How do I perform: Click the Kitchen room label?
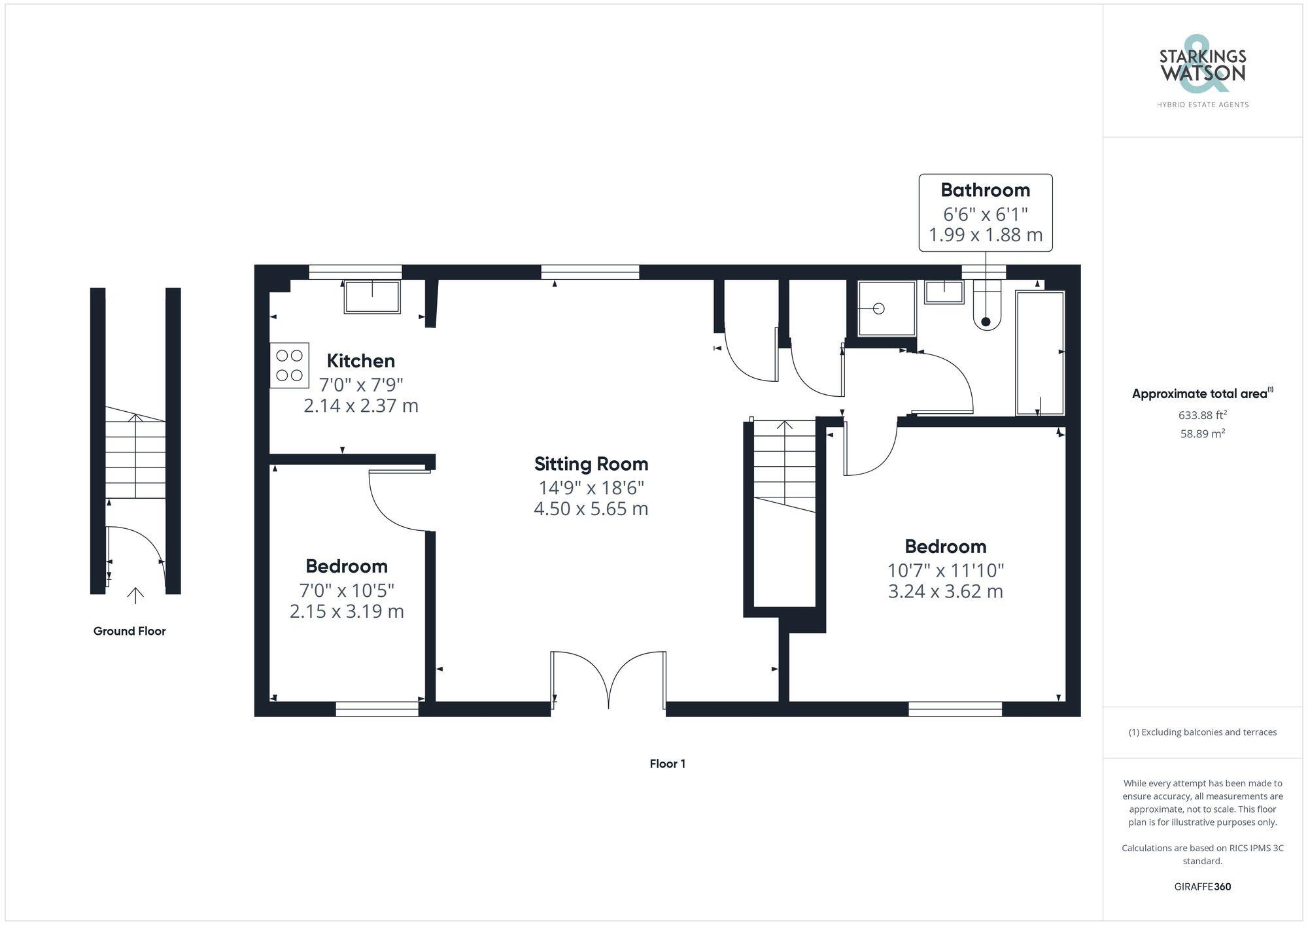(x=360, y=361)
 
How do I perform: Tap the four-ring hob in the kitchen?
(x=289, y=365)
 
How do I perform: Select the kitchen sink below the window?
(x=372, y=297)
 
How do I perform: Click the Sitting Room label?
(x=591, y=464)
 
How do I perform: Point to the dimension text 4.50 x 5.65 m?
(x=591, y=509)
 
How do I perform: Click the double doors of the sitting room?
(x=609, y=680)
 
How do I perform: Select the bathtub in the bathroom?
(x=1039, y=353)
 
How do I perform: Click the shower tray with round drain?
(x=886, y=309)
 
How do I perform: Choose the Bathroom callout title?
(x=985, y=190)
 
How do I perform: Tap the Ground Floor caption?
(x=129, y=631)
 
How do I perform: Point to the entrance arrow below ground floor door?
(x=135, y=595)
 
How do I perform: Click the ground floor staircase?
(x=135, y=454)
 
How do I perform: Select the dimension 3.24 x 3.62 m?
(x=945, y=592)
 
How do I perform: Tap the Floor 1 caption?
(x=667, y=764)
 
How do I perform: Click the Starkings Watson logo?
(x=1202, y=72)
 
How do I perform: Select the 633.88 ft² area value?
(x=1202, y=415)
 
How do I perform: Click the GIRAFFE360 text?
(x=1202, y=887)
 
